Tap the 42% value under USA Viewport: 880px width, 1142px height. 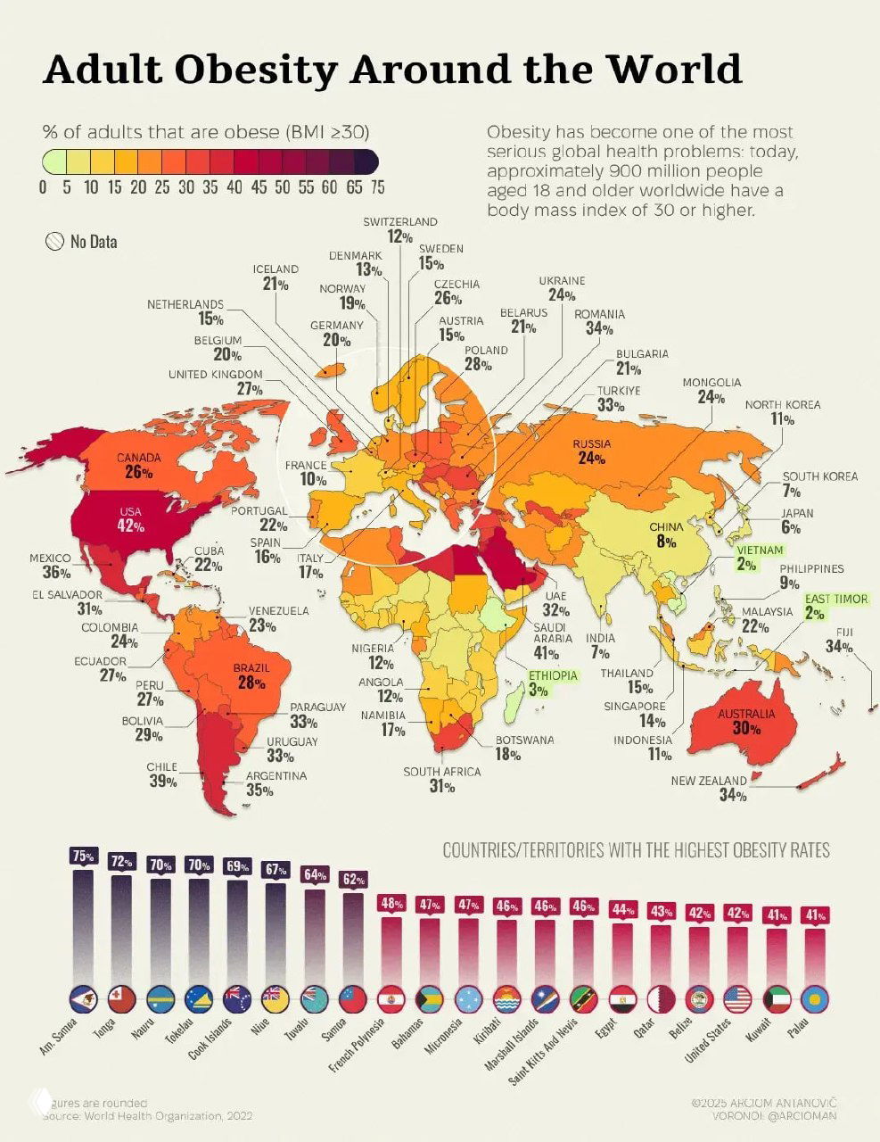point(132,526)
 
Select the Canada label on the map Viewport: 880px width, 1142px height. point(139,459)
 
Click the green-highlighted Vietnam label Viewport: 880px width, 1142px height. point(759,550)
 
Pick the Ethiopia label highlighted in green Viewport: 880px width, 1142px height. point(553,675)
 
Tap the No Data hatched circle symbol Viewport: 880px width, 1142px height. point(55,241)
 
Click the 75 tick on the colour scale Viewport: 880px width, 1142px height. point(377,187)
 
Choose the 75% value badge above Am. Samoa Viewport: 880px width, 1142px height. point(83,856)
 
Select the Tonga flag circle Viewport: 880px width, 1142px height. point(121,998)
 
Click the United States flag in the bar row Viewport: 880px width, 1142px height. point(738,998)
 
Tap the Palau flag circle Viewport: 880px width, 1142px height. point(815,998)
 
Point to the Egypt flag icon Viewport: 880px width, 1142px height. point(622,998)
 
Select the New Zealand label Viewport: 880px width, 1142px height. point(709,781)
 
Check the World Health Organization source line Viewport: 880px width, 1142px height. point(147,1116)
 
